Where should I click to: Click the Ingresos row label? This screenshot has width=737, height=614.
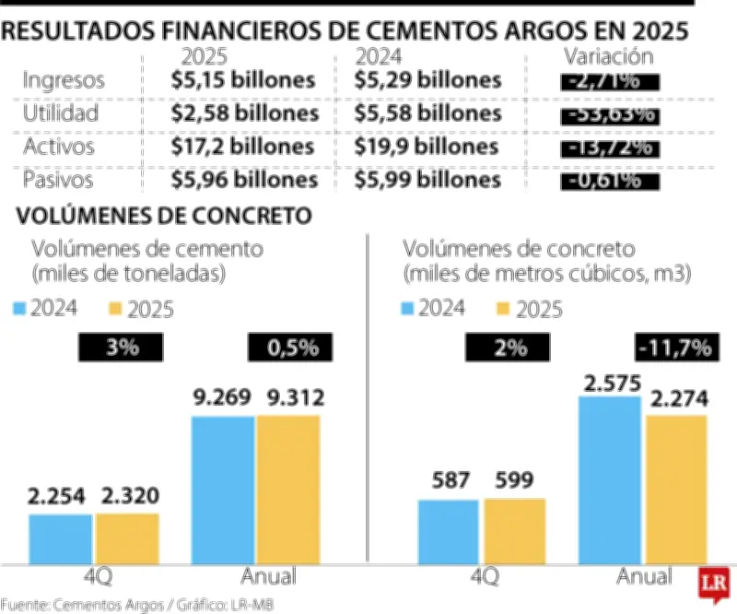[x=64, y=80]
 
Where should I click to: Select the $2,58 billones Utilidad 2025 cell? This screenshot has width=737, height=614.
[x=245, y=113]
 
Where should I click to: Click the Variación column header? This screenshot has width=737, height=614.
[x=608, y=56]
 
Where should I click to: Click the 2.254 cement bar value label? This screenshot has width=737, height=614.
[x=61, y=497]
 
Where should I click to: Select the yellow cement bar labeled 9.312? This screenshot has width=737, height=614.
[x=288, y=489]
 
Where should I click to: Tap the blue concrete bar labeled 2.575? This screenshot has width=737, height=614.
[x=609, y=479]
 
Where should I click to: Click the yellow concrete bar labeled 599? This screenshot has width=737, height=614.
[x=514, y=531]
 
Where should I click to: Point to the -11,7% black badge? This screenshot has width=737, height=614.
[x=673, y=348]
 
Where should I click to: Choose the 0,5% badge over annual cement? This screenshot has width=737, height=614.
[x=287, y=348]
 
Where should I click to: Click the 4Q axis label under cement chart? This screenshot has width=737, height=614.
[x=95, y=577]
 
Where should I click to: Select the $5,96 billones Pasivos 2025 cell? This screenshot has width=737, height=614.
[x=245, y=180]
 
